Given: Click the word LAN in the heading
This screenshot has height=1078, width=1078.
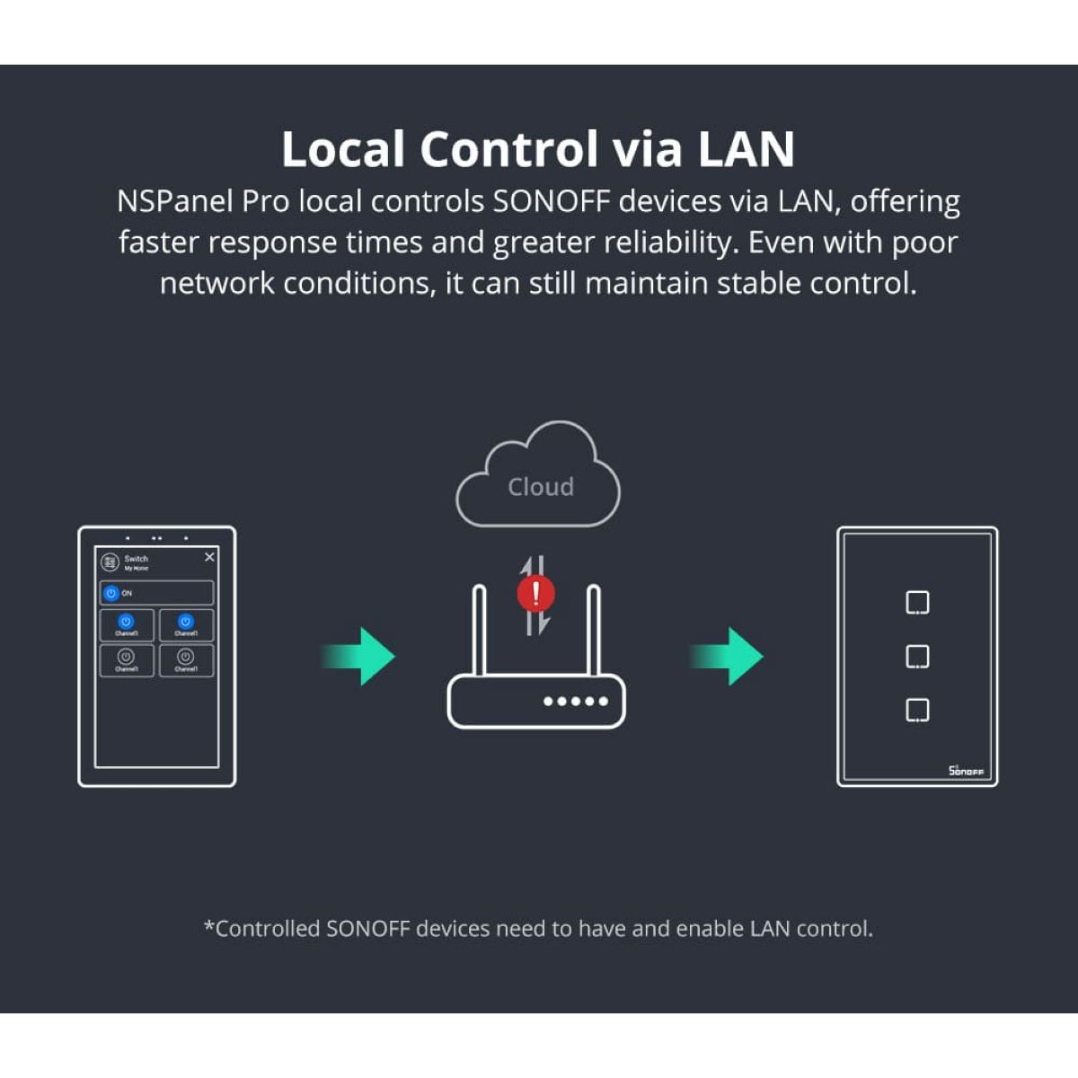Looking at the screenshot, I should [746, 149].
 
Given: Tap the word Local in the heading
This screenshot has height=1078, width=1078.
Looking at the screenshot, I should [343, 149].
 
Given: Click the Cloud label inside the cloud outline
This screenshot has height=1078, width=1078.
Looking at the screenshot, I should [540, 487].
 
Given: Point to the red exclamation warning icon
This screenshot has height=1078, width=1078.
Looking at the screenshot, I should [536, 594].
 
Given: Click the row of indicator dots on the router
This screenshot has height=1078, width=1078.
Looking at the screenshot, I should [576, 701].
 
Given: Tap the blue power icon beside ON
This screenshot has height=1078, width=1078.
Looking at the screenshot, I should [111, 593].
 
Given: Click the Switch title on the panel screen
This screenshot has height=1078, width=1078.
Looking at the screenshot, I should [137, 559].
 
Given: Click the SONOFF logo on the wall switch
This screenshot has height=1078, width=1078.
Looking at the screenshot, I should [966, 771].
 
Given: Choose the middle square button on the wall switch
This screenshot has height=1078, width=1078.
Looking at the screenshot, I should [917, 657].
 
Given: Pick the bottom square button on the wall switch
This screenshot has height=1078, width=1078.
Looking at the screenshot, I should [917, 711].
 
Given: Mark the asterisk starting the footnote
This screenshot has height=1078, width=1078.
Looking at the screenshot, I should [209, 926].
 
